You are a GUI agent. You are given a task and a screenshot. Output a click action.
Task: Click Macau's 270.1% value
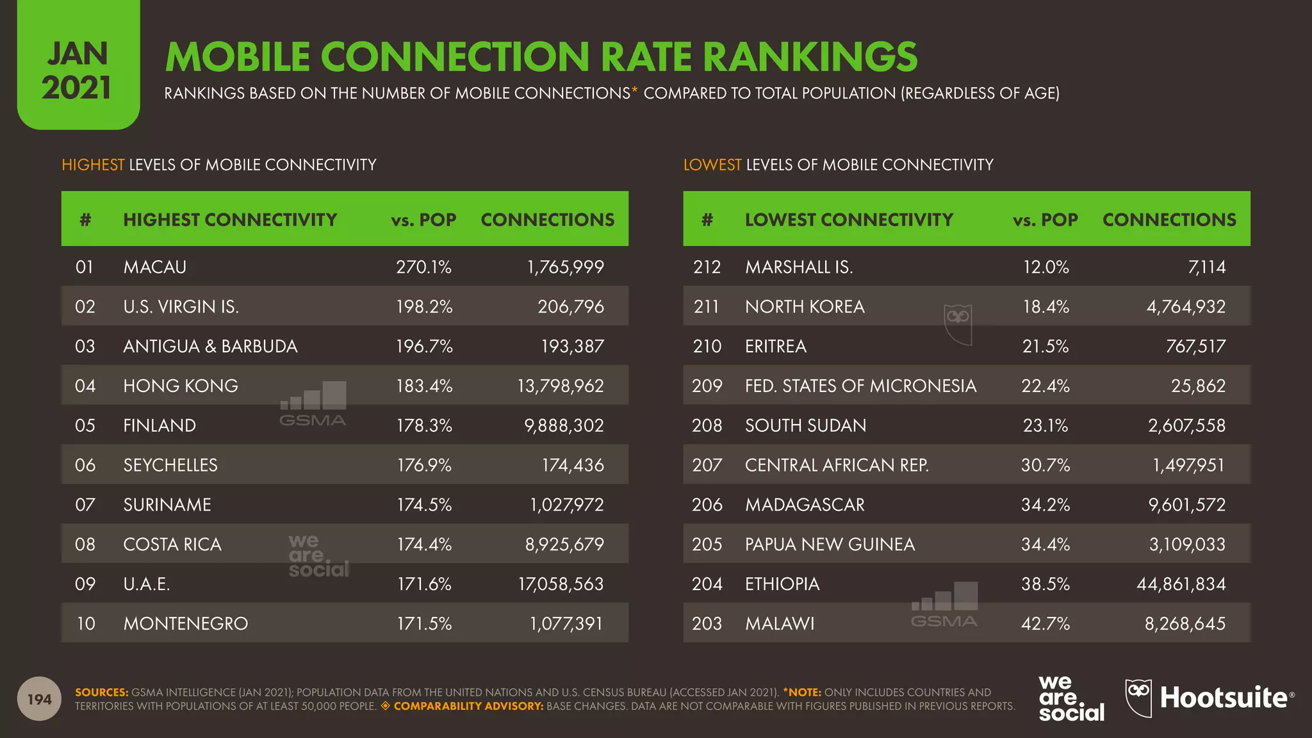point(423,267)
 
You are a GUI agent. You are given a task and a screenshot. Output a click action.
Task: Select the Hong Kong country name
point(181,386)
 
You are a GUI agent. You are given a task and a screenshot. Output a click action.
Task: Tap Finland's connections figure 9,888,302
point(564,425)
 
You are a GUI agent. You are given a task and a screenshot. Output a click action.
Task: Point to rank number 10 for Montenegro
point(86,623)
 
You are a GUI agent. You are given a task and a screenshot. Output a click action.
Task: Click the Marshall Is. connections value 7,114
point(1207,267)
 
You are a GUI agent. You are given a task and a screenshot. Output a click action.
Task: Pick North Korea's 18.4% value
point(1045,307)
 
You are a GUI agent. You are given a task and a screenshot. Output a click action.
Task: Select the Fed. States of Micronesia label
point(860,386)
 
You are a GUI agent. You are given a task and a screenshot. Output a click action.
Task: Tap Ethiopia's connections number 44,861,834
point(1181,584)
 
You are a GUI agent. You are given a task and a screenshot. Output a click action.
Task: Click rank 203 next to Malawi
point(707,623)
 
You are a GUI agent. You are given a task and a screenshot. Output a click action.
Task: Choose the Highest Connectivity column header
point(230,220)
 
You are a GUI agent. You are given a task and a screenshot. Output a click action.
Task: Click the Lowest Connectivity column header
point(849,220)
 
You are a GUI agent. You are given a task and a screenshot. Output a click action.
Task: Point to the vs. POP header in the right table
point(1045,220)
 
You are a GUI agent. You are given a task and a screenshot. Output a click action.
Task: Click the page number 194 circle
point(40,699)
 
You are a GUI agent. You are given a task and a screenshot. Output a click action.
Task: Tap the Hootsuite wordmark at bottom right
point(1224,698)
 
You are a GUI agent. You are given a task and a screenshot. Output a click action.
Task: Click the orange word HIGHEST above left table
point(93,165)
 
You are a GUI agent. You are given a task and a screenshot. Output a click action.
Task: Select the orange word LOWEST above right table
point(712,165)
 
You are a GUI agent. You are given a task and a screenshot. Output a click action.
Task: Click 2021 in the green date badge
point(77,88)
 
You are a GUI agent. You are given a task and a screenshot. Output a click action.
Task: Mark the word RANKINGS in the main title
point(810,56)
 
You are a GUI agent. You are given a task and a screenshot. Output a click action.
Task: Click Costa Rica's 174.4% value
point(423,545)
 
